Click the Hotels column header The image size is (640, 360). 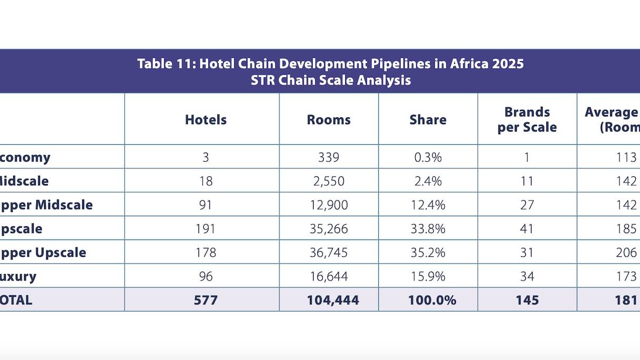click(206, 119)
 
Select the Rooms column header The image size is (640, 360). click(329, 119)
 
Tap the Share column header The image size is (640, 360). click(428, 119)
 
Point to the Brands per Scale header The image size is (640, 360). click(527, 119)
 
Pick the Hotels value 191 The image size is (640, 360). click(206, 228)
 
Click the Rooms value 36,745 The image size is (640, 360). click(329, 252)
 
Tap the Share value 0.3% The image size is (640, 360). click(428, 157)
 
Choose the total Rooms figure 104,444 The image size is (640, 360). click(333, 300)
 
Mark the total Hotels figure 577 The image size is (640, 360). click(206, 300)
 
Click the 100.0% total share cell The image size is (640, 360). click(432, 300)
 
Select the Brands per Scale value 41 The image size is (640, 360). click(527, 228)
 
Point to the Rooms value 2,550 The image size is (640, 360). click(329, 181)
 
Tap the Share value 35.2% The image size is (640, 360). click(428, 252)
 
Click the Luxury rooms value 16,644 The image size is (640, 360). click(329, 276)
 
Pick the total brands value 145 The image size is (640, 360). click(527, 300)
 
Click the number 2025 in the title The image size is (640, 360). click(507, 64)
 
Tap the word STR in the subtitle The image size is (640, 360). click(263, 80)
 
